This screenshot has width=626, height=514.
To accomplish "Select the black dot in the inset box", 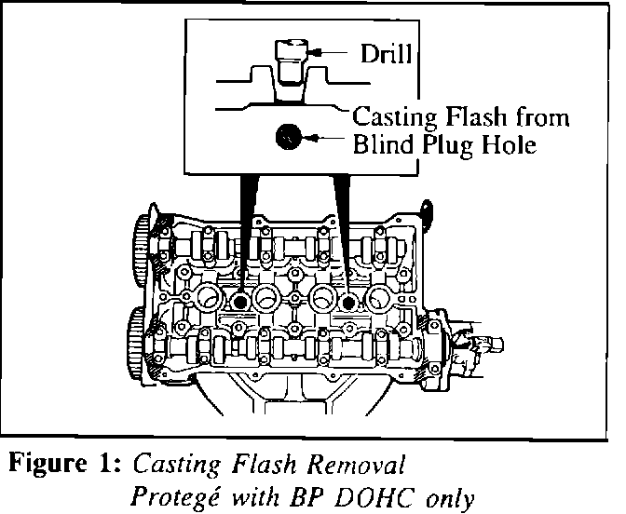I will [x=288, y=138].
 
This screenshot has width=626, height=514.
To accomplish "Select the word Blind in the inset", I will [x=382, y=145].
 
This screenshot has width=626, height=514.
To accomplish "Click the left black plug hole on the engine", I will [x=239, y=303].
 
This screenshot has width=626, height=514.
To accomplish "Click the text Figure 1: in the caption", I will [x=69, y=463].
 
